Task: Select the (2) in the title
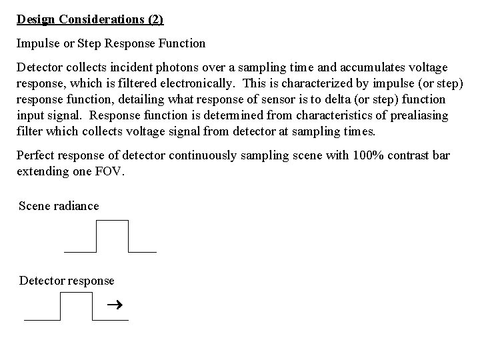point(154,19)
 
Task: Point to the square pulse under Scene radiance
point(111,236)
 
